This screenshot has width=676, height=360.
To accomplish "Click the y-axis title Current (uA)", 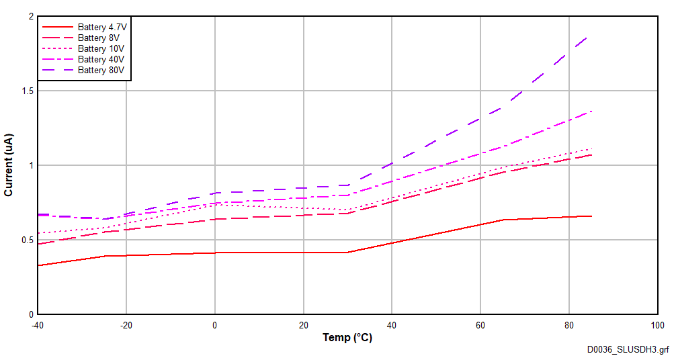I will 9,165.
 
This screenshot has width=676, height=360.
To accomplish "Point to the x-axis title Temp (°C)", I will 347,338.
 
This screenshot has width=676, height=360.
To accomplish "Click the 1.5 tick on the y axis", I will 26,91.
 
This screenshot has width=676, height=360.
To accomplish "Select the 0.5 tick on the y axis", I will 26,240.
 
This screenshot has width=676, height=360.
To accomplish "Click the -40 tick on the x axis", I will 38,325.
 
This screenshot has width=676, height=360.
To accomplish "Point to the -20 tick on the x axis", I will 126,325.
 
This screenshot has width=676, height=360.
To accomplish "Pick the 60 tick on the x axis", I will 480,325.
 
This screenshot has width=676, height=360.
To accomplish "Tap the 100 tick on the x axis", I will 657,325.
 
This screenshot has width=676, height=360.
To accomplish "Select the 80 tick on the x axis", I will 568,325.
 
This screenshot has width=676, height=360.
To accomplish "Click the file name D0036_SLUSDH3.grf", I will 628,350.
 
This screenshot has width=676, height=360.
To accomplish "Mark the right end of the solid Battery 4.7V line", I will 591,216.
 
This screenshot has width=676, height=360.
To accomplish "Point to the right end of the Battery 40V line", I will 591,111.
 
